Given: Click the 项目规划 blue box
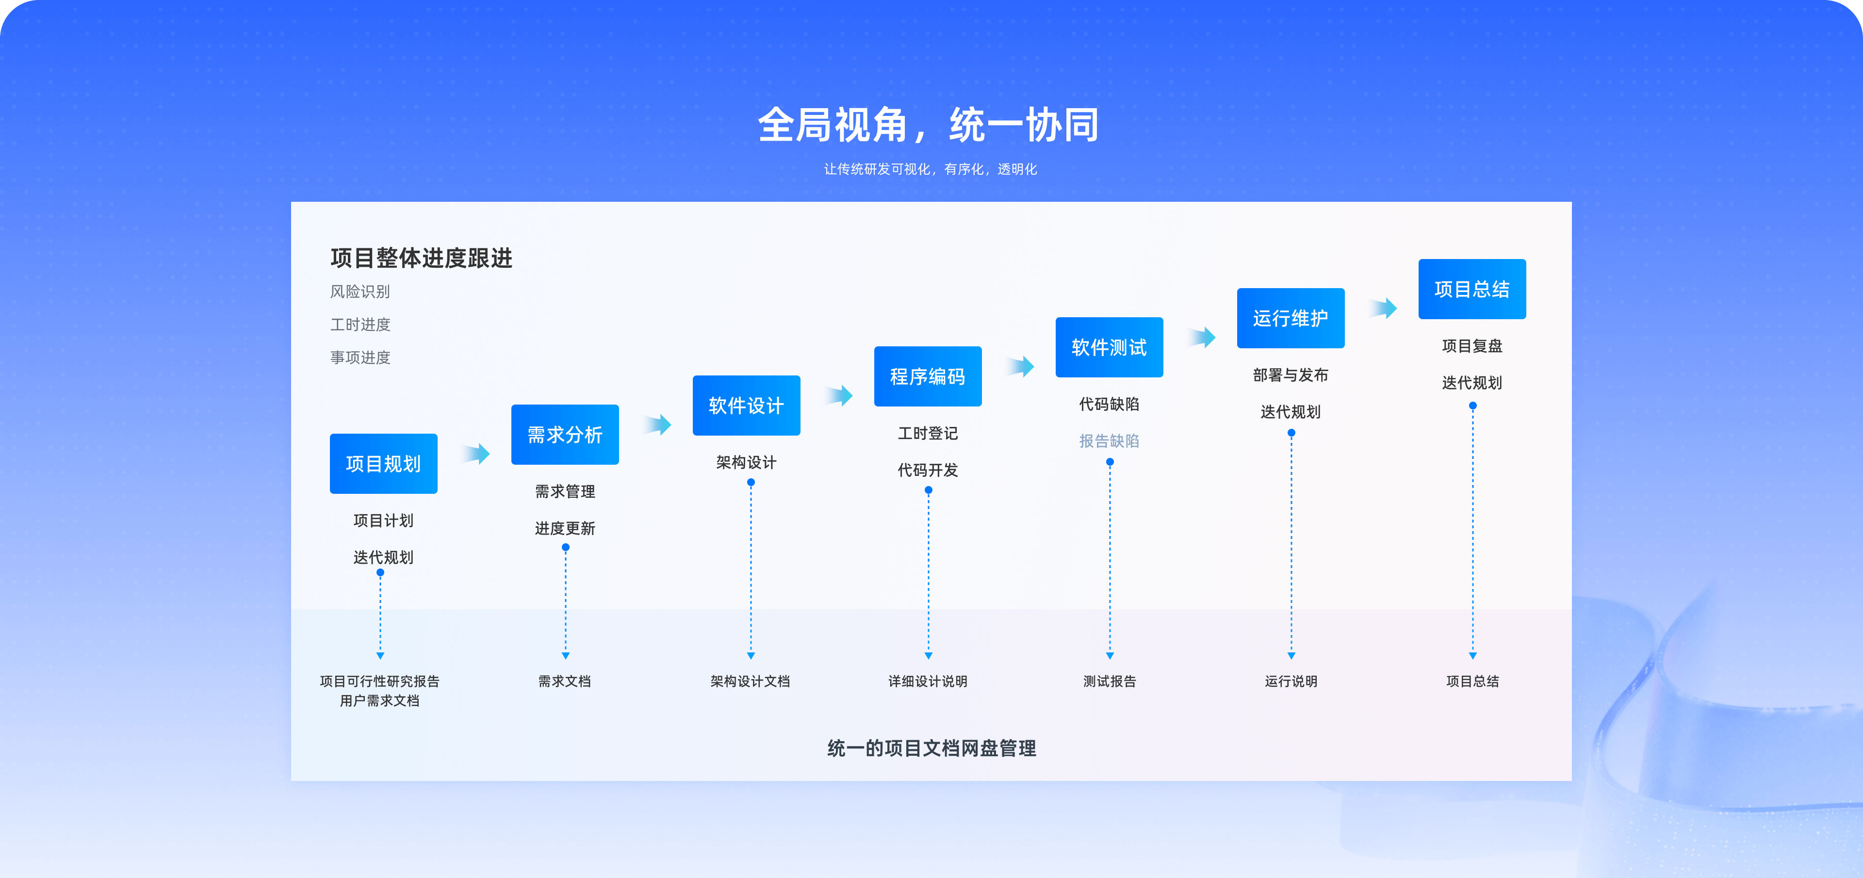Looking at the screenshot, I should pos(383,464).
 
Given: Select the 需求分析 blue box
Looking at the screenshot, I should pos(565,435).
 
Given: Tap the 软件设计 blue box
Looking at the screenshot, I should pos(746,406).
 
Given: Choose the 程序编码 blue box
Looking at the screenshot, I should pos(928,376).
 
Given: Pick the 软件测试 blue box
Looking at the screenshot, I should pos(1110,347).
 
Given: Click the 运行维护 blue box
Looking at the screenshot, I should pos(1291,318).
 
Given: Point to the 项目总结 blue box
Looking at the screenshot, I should pos(1472,289).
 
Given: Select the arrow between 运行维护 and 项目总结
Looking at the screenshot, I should pos(1384,308).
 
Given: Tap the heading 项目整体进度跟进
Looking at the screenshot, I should pos(421,258).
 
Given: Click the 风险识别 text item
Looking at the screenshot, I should pos(360,292).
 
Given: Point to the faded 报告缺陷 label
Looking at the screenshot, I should pos(1110,441).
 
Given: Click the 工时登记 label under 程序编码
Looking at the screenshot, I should pos(928,433).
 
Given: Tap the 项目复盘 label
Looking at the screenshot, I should pos(1472,346).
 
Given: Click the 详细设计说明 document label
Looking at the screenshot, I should pos(928,681).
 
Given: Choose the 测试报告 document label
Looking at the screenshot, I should pos(1110,681).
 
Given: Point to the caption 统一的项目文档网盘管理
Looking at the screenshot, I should pos(931,748).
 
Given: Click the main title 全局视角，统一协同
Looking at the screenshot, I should pos(929,124).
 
